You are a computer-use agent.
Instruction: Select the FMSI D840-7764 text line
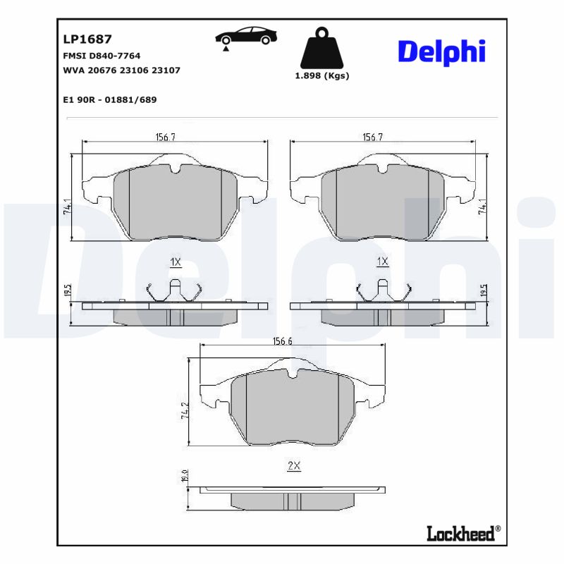click(102, 55)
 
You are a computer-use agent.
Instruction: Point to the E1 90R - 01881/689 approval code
click(109, 99)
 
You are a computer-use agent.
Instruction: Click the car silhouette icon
click(246, 37)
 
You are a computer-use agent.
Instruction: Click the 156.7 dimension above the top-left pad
click(165, 137)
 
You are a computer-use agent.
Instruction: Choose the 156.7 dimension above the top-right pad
click(372, 137)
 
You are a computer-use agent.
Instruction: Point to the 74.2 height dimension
click(185, 412)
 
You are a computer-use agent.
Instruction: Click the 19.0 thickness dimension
click(185, 477)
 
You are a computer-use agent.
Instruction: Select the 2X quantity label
click(294, 466)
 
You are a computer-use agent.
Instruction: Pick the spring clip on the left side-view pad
click(175, 290)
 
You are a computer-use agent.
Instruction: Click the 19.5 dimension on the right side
click(483, 290)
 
